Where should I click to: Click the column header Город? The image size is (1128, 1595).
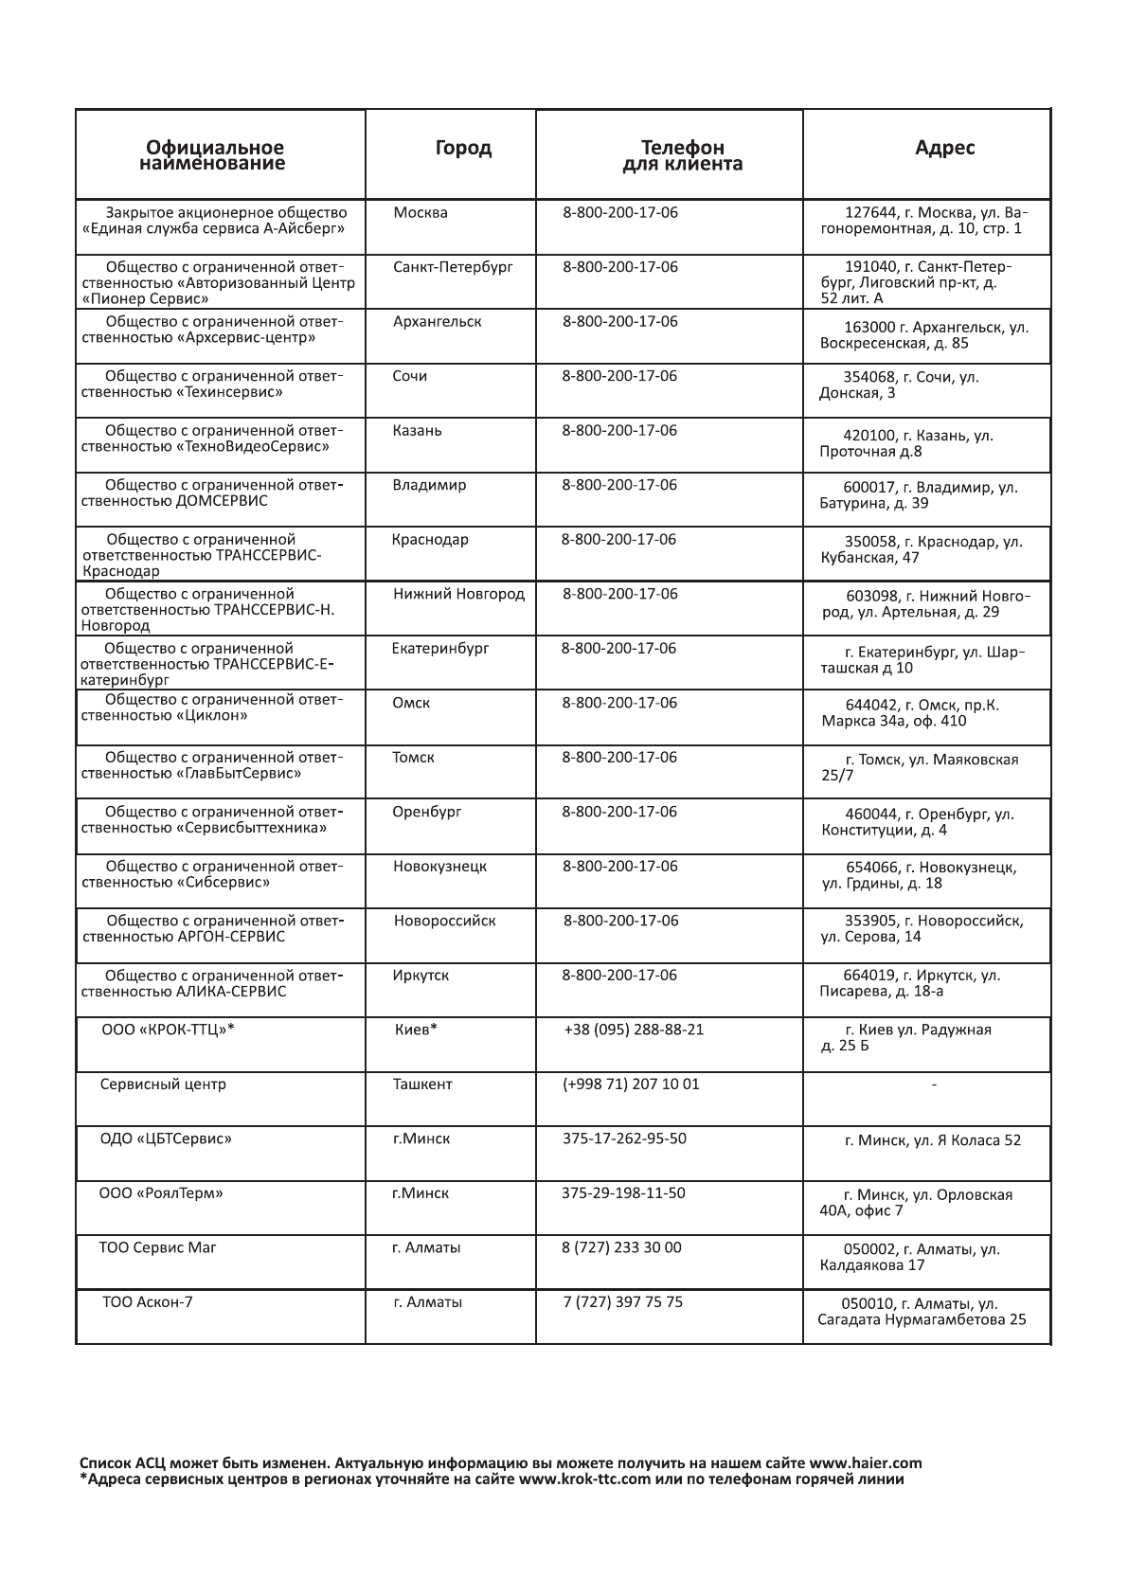(x=463, y=148)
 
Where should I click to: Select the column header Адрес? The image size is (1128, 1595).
(x=944, y=148)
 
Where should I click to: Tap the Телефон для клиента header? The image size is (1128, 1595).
(x=682, y=155)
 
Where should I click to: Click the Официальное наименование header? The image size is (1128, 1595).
(x=214, y=155)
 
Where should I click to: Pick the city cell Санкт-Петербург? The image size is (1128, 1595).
(x=453, y=267)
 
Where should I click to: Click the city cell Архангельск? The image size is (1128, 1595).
(x=437, y=322)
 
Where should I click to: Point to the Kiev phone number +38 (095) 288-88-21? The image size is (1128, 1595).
(x=634, y=1030)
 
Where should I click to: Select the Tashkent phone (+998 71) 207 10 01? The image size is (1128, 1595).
(x=631, y=1084)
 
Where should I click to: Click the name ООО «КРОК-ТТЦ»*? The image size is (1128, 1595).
(x=168, y=1030)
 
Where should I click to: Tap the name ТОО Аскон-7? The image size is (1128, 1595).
(x=148, y=1302)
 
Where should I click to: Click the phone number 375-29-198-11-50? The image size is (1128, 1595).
(x=623, y=1193)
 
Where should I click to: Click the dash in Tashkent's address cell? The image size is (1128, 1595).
(x=935, y=1084)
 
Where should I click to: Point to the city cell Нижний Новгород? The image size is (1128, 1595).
(x=458, y=595)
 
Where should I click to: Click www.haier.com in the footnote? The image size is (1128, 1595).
(x=865, y=1463)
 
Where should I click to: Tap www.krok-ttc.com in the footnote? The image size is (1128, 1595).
(x=585, y=1479)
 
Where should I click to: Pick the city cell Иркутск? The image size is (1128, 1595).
(x=421, y=976)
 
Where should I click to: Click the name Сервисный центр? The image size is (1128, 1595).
(x=163, y=1084)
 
